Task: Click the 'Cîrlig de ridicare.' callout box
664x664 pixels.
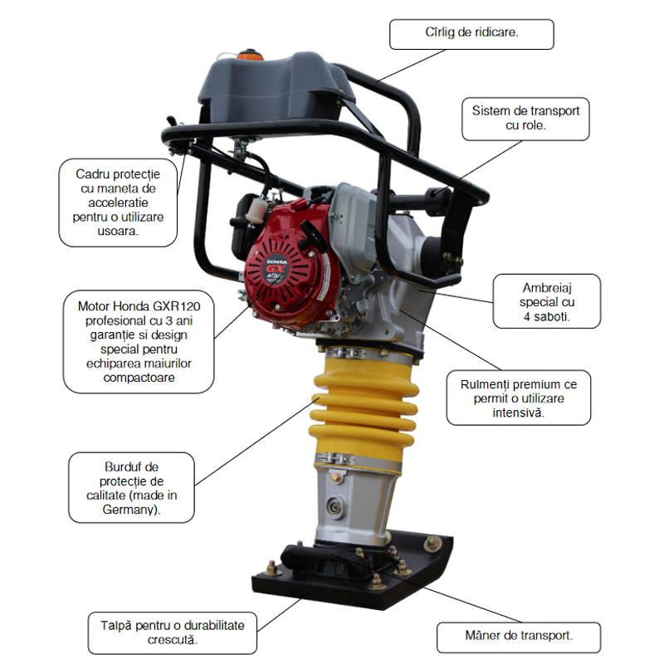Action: (471, 33)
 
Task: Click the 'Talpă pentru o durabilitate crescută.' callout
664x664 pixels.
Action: (173, 633)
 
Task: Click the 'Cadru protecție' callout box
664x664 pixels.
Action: (119, 203)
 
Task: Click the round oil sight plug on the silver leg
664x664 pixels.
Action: (335, 504)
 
